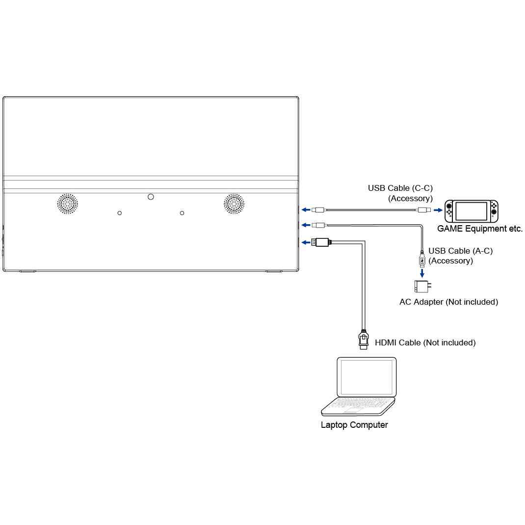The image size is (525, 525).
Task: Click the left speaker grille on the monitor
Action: coord(68,203)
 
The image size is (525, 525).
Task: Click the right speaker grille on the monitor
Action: coord(234,203)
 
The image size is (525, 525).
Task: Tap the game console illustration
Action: coord(471,210)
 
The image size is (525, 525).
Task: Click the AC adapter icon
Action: coord(422,286)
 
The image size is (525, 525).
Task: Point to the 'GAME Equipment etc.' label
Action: coord(479,229)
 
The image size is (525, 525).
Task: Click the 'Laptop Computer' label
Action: coord(354,425)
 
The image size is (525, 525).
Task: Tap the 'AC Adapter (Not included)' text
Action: coord(448,302)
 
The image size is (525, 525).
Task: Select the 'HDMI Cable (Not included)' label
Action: coord(425,342)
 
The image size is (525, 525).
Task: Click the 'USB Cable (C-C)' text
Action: coord(400,188)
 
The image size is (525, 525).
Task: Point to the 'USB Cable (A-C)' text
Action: coord(460,251)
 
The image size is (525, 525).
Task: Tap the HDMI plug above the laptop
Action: coord(363,339)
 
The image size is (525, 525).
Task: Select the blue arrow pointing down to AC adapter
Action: coord(422,272)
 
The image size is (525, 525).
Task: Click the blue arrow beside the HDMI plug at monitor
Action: coord(305,242)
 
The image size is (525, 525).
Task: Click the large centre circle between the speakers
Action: coord(151,197)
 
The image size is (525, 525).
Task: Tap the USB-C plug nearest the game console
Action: coord(423,210)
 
